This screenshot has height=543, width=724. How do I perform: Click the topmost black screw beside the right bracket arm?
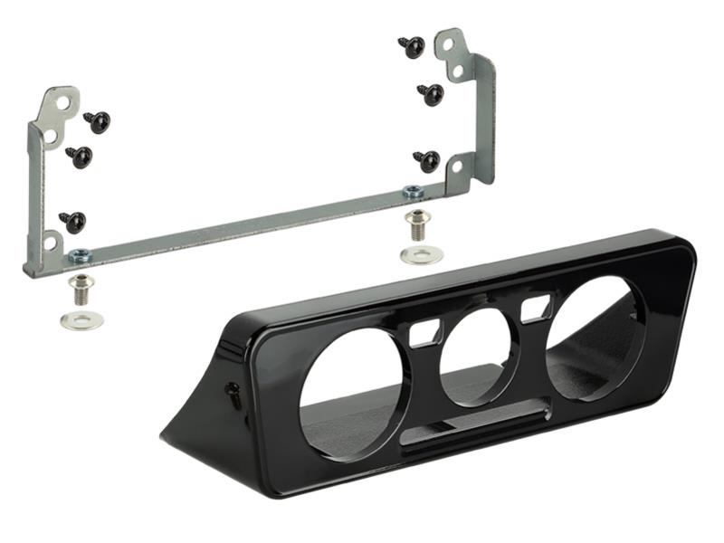[412, 46]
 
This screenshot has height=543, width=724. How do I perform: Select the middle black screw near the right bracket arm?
[430, 93]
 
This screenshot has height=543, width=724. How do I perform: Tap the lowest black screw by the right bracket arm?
[427, 161]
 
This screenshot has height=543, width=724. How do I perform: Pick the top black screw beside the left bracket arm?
[96, 121]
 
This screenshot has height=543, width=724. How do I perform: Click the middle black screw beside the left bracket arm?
[79, 156]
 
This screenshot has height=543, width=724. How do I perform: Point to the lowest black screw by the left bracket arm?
[72, 221]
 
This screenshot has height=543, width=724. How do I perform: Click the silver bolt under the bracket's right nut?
[417, 223]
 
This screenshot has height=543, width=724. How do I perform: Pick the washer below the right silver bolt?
[421, 254]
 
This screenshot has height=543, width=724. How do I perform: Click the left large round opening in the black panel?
[353, 395]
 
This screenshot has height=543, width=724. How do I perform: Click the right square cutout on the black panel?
[537, 307]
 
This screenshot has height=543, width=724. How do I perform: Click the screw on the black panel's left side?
[233, 394]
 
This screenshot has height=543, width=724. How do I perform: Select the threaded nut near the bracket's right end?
[413, 191]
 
